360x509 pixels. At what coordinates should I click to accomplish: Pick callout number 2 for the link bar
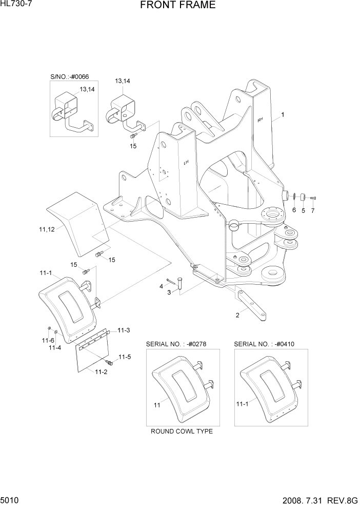point(237,316)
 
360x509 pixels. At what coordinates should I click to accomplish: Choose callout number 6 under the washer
point(294,210)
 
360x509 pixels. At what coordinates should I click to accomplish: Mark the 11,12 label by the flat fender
point(47,229)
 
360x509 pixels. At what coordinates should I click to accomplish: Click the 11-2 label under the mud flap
point(101,372)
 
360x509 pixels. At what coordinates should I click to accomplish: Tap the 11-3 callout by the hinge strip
point(124,330)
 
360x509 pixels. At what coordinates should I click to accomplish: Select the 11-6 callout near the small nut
point(48,340)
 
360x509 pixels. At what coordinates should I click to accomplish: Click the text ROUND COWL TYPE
point(182,431)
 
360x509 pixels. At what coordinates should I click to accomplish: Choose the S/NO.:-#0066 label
point(69,76)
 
